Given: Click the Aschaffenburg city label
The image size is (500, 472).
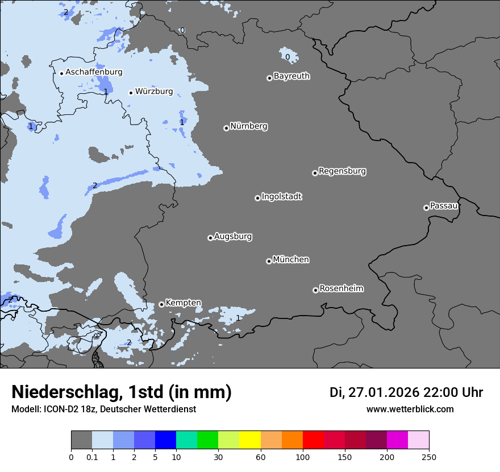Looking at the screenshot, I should pyautogui.click(x=94, y=72).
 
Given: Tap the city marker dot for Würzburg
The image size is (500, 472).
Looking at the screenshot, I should pyautogui.click(x=131, y=93).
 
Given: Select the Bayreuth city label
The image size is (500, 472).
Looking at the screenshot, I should pyautogui.click(x=291, y=76).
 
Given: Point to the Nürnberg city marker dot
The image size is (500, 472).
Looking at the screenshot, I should pyautogui.click(x=226, y=128).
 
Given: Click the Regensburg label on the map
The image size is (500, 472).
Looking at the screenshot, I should pyautogui.click(x=342, y=171).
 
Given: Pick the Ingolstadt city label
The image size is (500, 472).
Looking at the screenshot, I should pyautogui.click(x=281, y=197).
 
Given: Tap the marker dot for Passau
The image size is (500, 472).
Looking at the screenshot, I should pyautogui.click(x=426, y=208).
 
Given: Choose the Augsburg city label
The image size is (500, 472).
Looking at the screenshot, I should pyautogui.click(x=233, y=237).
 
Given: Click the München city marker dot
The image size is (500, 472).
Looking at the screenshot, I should pyautogui.click(x=269, y=261).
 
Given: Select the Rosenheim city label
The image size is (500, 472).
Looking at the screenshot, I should pyautogui.click(x=341, y=289).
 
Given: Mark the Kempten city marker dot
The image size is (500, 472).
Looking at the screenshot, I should pyautogui.click(x=161, y=304).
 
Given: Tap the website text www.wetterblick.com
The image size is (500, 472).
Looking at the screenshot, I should pyautogui.click(x=410, y=409).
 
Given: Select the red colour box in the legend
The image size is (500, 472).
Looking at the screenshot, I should pyautogui.click(x=313, y=440).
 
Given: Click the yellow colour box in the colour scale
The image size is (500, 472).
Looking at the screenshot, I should pyautogui.click(x=250, y=440).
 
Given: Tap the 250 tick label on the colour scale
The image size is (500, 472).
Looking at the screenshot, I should pyautogui.click(x=429, y=457).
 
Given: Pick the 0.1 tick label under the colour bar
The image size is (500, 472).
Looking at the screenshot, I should pyautogui.click(x=92, y=457).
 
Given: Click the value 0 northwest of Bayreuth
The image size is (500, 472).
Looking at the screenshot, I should pyautogui.click(x=287, y=57).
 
